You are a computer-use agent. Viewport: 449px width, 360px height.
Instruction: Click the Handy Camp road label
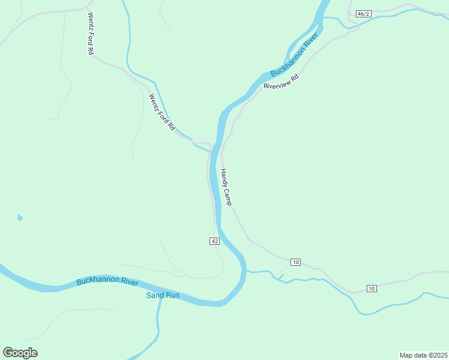[x=226, y=187]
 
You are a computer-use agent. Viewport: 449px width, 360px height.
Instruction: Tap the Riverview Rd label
[x=281, y=82]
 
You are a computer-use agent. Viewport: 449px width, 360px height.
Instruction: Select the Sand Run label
[x=163, y=295]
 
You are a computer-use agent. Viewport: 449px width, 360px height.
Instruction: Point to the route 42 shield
[x=215, y=241]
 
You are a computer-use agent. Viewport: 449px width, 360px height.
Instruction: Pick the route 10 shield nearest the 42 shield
[x=295, y=262]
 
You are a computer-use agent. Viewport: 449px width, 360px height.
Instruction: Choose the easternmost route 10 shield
[x=372, y=289]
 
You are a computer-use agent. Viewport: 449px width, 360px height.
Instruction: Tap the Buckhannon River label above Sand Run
[x=107, y=281]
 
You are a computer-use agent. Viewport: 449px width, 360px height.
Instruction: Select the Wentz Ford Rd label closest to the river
[x=161, y=112]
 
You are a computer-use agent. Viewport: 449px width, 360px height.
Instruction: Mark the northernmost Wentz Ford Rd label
[x=91, y=34]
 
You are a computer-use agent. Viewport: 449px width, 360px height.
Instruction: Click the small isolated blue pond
[x=20, y=217]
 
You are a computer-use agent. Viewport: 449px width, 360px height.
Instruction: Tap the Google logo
[x=20, y=353]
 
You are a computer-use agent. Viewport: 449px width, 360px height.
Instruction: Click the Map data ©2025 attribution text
[x=423, y=355]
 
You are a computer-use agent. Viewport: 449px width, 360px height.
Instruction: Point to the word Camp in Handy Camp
[x=228, y=195]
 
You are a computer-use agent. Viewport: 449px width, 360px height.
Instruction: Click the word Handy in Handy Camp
[x=223, y=177]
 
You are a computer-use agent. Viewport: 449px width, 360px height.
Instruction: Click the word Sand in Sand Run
[x=155, y=295]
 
